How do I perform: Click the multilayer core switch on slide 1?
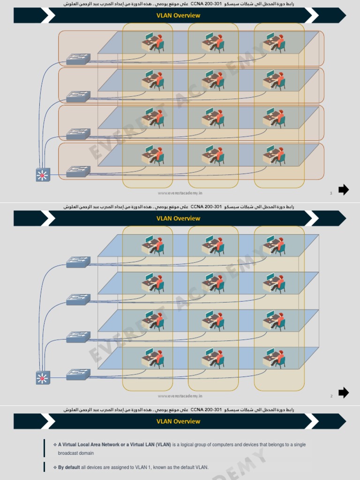point(43,175)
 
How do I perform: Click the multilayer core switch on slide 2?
point(43,377)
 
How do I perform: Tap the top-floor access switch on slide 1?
point(78,59)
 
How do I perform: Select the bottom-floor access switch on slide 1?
point(78,172)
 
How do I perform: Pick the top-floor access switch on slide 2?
point(78,262)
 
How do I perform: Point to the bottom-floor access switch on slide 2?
point(78,375)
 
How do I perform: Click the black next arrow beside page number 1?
point(344,190)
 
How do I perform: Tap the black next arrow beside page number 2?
point(344,393)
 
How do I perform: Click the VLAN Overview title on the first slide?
point(178,15)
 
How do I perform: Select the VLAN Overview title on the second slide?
point(178,218)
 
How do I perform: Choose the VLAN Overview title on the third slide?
point(178,421)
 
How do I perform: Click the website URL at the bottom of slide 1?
point(180,193)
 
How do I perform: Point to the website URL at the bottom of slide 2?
point(180,396)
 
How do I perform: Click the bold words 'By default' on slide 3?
point(69,467)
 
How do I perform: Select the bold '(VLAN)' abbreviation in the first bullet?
point(164,444)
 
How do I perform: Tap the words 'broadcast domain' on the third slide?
point(76,453)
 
